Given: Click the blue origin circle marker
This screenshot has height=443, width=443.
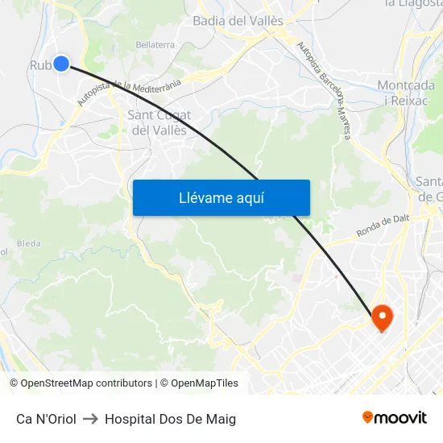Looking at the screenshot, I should coord(61,64).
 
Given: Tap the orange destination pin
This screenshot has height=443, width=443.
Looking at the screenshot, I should coord(381,317).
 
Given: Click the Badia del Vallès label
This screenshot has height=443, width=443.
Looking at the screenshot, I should coord(238,20).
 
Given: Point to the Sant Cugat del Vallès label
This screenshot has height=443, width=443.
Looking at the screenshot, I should coord(159,122).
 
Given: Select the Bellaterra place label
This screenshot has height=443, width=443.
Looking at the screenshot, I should coord(155,45).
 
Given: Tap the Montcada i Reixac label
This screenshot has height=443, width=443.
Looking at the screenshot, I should coord(407,93).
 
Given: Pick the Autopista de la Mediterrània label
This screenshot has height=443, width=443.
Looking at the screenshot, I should coord(130,93).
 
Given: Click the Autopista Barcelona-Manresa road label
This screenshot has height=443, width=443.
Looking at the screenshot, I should coord(325,91).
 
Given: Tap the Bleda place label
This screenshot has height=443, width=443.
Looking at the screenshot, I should coord(28,242).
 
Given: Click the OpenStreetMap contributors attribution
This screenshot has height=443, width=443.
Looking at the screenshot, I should coord(85,383).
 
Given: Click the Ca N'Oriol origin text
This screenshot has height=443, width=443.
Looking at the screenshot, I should coord(46,419).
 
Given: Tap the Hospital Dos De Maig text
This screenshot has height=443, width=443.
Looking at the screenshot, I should coord(170,419).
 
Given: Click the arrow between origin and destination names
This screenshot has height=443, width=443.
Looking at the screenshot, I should coord(90,419).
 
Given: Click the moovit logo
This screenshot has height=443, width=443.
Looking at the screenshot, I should coord(394,418).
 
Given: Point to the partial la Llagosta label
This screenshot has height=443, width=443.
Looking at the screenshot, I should coord(414,3).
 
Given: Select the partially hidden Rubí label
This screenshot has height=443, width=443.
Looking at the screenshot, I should coord(40,65).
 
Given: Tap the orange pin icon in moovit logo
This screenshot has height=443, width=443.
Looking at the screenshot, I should coord(368,417).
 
